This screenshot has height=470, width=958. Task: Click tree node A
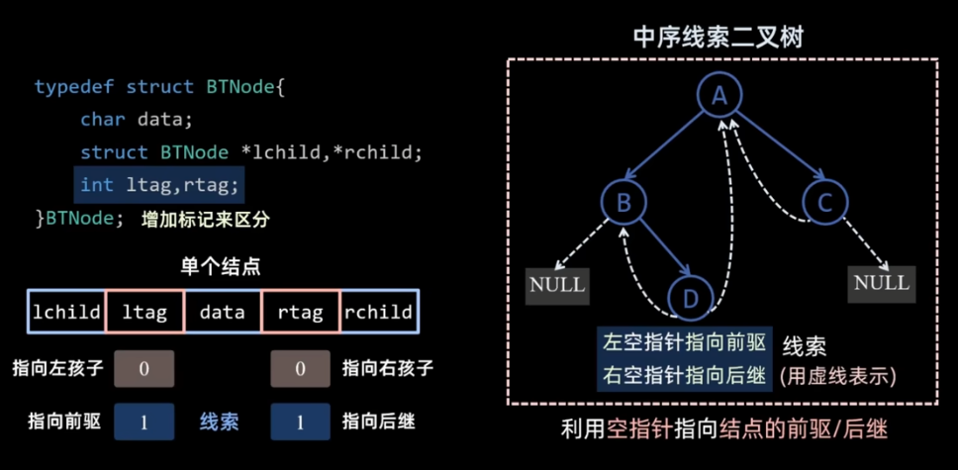point(719,95)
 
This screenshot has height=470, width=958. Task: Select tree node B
point(623,203)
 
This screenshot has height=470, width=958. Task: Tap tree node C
point(823,203)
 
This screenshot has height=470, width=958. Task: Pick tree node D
point(691,296)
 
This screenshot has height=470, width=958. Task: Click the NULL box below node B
point(557,285)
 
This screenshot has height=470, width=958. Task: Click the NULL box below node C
point(881,283)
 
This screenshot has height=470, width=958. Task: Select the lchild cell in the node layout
point(66,312)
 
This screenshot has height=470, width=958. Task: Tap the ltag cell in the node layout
point(144,312)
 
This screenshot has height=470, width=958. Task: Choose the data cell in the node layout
point(222,312)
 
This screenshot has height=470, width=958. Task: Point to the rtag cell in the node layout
point(300,312)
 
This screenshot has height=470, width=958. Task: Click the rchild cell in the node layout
point(379,312)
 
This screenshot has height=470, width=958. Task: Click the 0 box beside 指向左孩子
point(144,369)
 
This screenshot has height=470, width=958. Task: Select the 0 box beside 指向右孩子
point(300,369)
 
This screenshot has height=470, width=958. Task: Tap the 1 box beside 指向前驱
point(144,422)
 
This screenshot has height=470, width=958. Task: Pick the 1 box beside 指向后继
point(300,422)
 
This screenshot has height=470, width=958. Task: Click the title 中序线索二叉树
point(719,38)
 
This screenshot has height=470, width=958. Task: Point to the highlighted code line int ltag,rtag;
point(158,185)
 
